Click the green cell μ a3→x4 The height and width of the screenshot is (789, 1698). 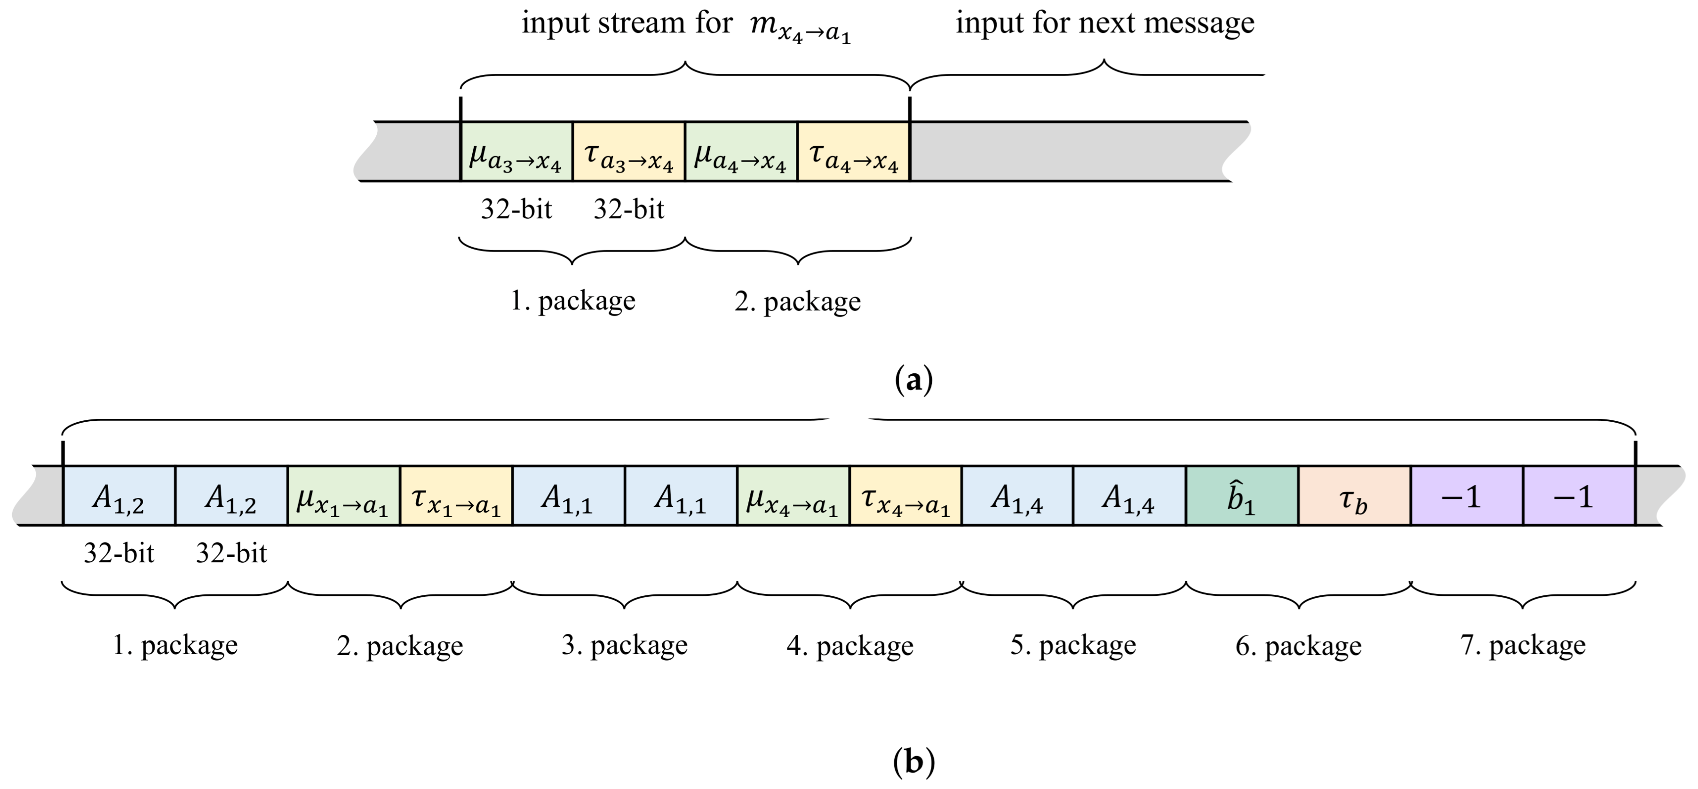tap(516, 151)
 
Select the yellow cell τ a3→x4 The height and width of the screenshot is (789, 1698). tap(629, 151)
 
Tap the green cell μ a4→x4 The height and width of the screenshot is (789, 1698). tap(741, 151)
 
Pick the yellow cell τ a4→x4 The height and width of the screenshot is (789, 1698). tap(854, 151)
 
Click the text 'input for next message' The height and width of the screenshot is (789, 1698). tap(1105, 24)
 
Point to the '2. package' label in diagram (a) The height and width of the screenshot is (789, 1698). tap(798, 302)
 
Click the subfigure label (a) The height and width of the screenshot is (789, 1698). tap(913, 380)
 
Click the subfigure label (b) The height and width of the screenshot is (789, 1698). tap(913, 762)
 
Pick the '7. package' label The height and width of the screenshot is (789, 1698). tap(1523, 645)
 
